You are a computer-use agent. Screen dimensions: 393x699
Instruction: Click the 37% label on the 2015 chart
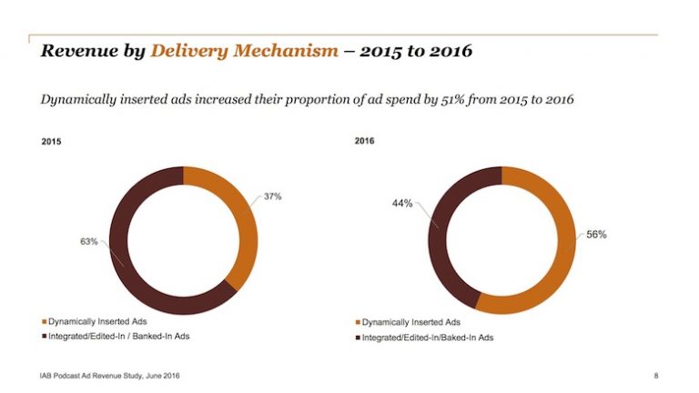pyautogui.click(x=273, y=196)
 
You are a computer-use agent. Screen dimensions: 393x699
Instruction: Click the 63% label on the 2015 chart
pyautogui.click(x=87, y=241)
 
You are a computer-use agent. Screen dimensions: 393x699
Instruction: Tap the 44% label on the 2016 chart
pyautogui.click(x=402, y=203)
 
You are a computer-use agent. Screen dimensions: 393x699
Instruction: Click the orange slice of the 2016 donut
pyautogui.click(x=555, y=264)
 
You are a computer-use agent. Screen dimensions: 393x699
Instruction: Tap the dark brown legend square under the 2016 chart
pyautogui.click(x=356, y=338)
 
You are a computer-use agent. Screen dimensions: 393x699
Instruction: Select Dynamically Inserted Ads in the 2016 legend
pyautogui.click(x=410, y=323)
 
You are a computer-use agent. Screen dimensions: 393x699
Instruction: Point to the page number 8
pyautogui.click(x=656, y=375)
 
